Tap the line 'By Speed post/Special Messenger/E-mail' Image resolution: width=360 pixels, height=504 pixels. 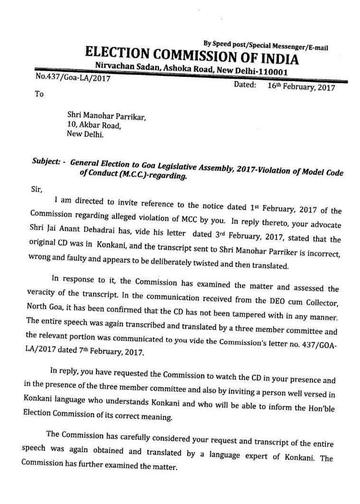click(x=266, y=46)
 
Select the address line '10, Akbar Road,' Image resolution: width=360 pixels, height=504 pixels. click(x=94, y=126)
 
